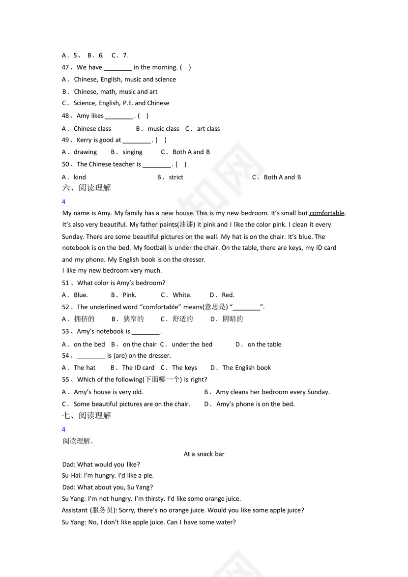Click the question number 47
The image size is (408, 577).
tap(67, 67)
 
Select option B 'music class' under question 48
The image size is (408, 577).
tap(163, 129)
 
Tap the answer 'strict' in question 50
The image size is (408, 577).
tap(175, 177)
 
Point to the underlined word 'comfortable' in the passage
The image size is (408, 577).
tap(327, 213)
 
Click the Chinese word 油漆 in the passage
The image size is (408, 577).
tap(186, 225)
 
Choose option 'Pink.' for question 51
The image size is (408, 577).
tap(129, 295)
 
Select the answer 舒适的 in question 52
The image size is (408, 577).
tap(182, 319)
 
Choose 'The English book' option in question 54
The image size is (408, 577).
tap(246, 368)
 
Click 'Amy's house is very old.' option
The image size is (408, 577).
tap(108, 392)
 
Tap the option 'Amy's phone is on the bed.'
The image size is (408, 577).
tap(255, 404)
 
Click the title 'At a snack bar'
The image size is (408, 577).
tap(204, 454)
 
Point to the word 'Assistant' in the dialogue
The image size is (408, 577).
tap(75, 510)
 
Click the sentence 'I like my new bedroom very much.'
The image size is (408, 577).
tap(112, 270)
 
